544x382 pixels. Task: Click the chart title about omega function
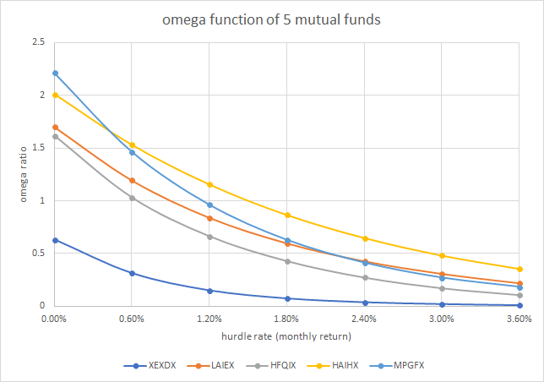pos(272,20)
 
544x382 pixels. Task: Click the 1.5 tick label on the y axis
pos(36,148)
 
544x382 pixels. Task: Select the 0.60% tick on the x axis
pos(131,319)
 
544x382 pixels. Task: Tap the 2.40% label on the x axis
pos(364,319)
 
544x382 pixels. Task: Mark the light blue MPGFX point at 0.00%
pos(55,74)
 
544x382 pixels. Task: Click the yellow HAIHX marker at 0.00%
pos(55,95)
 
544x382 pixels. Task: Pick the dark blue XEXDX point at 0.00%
pos(55,240)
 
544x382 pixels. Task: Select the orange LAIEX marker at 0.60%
pos(132,180)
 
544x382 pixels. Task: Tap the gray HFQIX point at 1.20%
pos(209,237)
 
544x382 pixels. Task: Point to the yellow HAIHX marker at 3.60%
pos(520,269)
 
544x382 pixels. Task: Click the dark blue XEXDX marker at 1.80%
pos(287,298)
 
